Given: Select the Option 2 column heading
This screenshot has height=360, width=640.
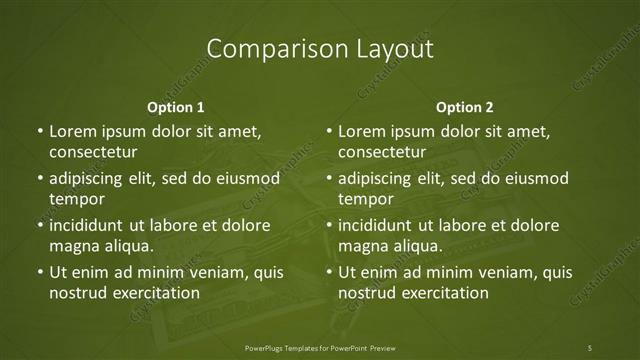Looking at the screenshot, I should pos(465,107).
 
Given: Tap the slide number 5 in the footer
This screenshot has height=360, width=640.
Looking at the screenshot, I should pos(590,348).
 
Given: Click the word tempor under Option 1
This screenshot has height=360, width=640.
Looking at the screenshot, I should pos(72,199).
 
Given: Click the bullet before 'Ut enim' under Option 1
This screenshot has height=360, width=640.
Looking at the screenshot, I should pos(39,272).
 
